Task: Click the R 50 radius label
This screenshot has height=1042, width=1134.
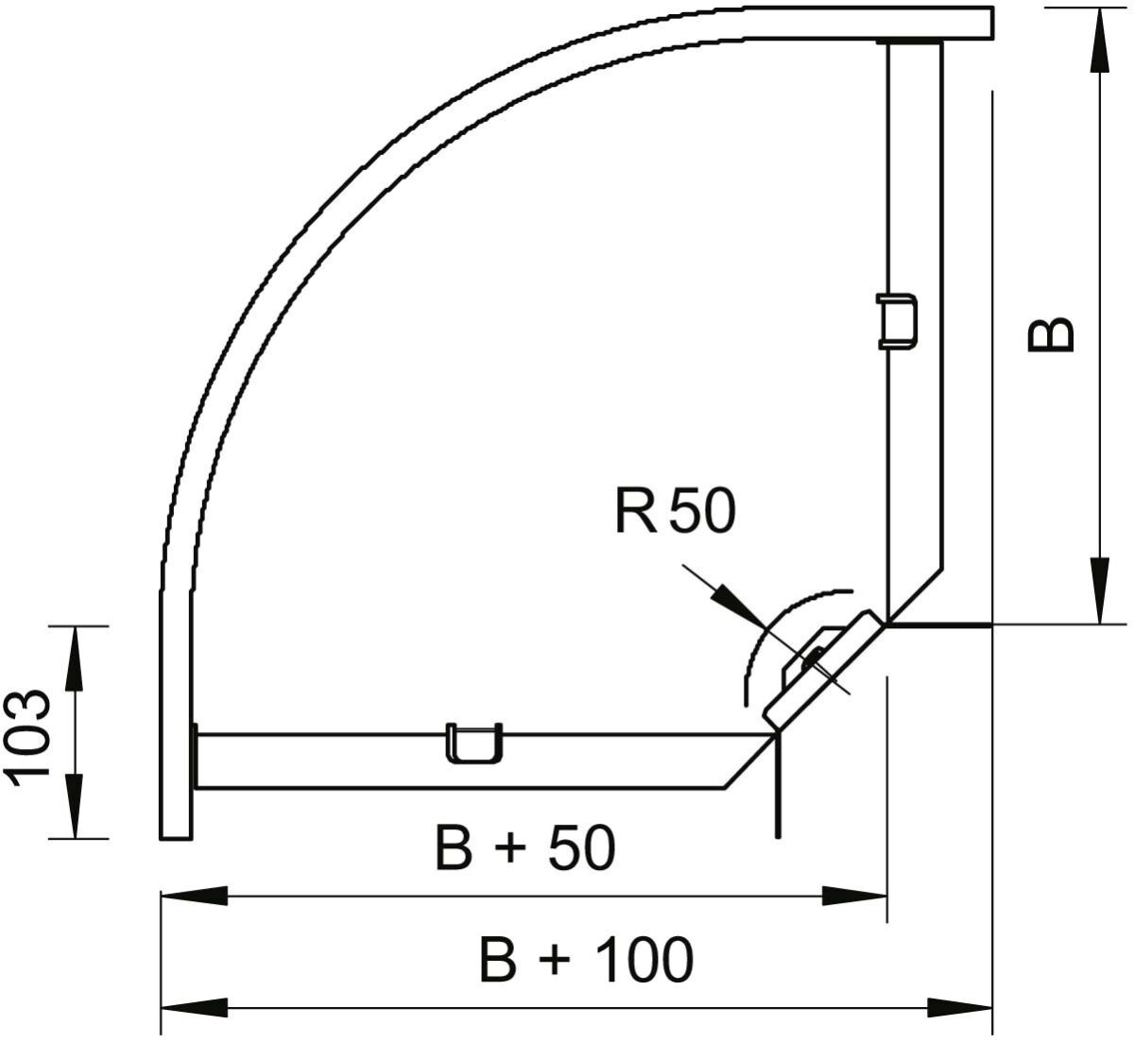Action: pos(673,512)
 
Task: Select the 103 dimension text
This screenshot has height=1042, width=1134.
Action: pos(28,733)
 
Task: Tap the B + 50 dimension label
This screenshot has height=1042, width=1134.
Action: pos(525,847)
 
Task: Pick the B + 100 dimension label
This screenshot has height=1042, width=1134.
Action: pos(586,960)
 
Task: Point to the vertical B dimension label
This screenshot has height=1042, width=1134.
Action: pos(1052,333)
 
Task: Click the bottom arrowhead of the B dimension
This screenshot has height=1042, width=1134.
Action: pos(1099,591)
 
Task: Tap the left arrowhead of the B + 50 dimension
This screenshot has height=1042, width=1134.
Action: pos(194,896)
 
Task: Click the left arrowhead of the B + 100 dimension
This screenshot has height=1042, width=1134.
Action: pos(194,1007)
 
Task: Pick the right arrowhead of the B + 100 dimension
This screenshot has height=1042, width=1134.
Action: pos(959,1007)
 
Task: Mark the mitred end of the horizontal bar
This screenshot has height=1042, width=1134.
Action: pos(747,760)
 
